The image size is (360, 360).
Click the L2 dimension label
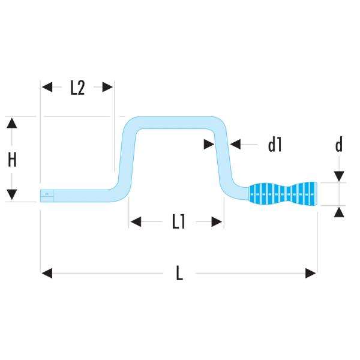(x=77, y=88)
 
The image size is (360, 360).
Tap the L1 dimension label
(x=178, y=222)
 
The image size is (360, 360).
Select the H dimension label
(x=12, y=159)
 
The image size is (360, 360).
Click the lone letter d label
(x=339, y=145)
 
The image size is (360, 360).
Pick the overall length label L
(x=179, y=274)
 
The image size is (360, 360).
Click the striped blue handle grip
(x=282, y=193)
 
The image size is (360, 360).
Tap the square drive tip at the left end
(x=47, y=194)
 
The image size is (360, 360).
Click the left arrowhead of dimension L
(x=47, y=274)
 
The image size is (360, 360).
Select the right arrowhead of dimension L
(x=311, y=274)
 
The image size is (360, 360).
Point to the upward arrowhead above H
(x=12, y=122)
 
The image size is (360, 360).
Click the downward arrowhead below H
(x=12, y=195)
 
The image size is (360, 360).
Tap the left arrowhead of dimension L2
(x=47, y=87)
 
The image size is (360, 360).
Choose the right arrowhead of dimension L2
(x=108, y=87)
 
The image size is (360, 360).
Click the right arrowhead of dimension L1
(x=218, y=222)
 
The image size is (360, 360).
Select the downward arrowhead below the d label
(x=339, y=176)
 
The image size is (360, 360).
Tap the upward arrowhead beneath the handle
(x=339, y=212)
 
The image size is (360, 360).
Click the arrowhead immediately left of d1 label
(x=235, y=144)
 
